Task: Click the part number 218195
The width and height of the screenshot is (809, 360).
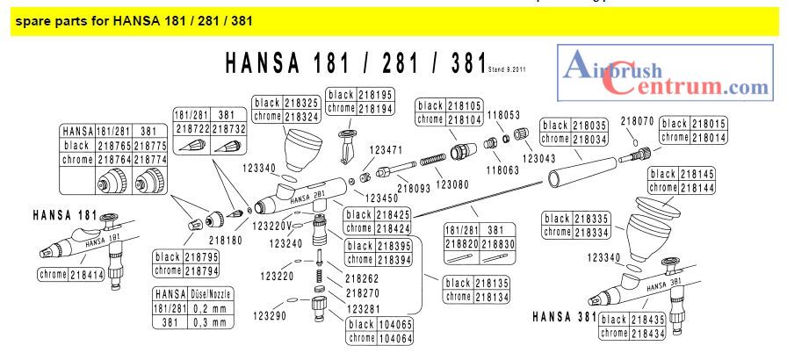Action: click(375, 94)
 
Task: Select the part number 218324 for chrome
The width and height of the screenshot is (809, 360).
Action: click(301, 115)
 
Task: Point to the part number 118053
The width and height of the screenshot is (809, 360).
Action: click(504, 114)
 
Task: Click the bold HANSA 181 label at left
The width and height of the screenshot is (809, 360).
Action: click(63, 213)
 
